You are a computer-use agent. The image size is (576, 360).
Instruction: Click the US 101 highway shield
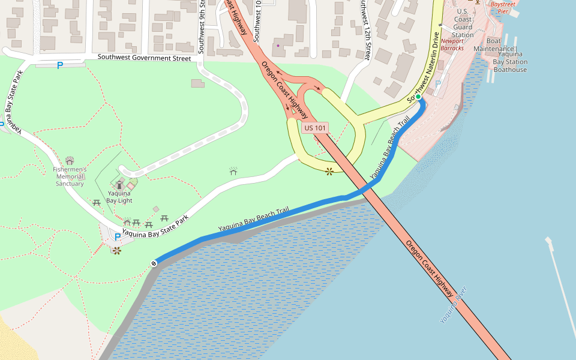coord(315,128)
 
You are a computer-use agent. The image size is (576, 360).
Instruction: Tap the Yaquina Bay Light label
coord(119,197)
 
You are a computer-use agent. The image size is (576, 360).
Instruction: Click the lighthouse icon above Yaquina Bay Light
coord(120,184)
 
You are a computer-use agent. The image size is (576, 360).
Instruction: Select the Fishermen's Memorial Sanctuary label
coord(70,176)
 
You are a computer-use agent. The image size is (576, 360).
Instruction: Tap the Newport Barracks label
coord(452,44)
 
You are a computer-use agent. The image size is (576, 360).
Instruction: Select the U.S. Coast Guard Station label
coord(463,23)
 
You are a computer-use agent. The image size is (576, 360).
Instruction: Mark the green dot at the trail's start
coord(418,97)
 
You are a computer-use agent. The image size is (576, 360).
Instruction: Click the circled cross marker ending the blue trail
coord(154,263)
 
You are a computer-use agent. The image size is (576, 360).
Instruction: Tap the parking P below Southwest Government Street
coord(59,65)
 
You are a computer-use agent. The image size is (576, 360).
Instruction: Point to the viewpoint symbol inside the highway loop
coord(329,172)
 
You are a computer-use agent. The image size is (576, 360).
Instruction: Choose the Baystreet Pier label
coord(503,7)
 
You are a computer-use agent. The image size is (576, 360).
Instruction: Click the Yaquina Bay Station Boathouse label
coord(510,62)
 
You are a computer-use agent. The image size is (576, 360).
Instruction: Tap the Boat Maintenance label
coord(493,44)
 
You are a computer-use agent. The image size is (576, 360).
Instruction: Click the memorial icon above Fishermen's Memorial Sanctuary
coord(70,160)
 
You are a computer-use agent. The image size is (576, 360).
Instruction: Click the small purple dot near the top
coord(278,45)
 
